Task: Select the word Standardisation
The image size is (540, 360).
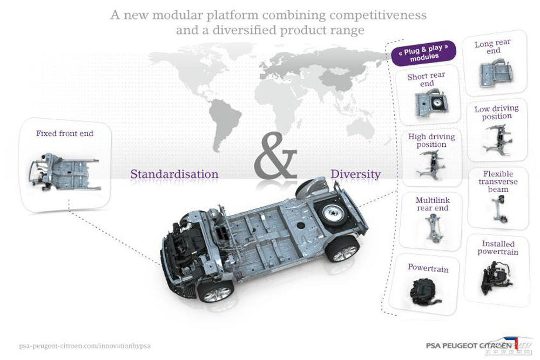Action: coord(174,174)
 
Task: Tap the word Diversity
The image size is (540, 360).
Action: coord(355,174)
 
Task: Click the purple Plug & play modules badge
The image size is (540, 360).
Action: coord(424,53)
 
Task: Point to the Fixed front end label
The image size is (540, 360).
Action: coord(65,133)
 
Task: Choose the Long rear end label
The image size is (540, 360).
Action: coord(492,47)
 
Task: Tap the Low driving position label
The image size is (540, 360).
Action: coord(496,112)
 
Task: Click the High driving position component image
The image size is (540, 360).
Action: coord(431,164)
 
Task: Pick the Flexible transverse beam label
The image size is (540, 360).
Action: coord(498,182)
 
